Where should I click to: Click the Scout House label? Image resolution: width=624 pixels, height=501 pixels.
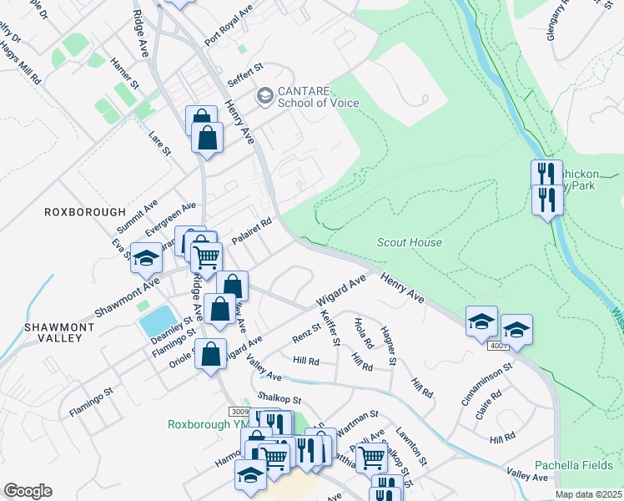[x=409, y=242]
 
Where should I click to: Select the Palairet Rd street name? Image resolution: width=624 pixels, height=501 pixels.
[x=252, y=231]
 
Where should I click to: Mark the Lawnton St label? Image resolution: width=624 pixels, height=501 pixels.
[x=411, y=445]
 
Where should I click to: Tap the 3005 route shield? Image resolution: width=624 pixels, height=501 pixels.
[x=240, y=412]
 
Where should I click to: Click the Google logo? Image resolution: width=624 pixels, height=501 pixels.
[x=28, y=491]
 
